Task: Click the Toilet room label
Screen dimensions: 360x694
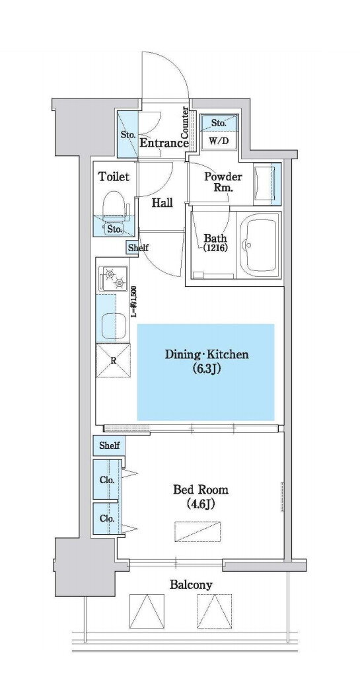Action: (114, 177)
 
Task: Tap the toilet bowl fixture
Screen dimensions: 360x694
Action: (115, 206)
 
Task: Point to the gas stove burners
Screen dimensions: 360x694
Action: (113, 278)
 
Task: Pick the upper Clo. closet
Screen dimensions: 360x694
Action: (106, 480)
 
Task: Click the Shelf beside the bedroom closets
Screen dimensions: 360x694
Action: (109, 445)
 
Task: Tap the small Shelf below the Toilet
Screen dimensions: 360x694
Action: (138, 248)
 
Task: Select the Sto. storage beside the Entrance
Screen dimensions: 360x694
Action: (127, 134)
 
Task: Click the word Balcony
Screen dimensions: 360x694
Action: (191, 585)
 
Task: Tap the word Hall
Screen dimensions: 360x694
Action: (162, 203)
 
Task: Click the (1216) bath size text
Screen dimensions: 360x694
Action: (215, 248)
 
